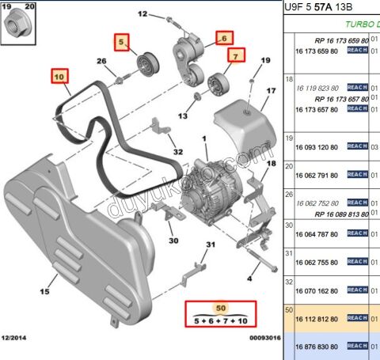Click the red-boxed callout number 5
tap(122, 42)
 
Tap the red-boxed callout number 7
tap(234, 55)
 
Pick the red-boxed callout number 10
tap(59, 77)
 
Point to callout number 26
tap(101, 62)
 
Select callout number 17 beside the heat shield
tap(270, 91)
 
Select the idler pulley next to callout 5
tap(146, 64)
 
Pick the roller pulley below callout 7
tap(216, 81)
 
